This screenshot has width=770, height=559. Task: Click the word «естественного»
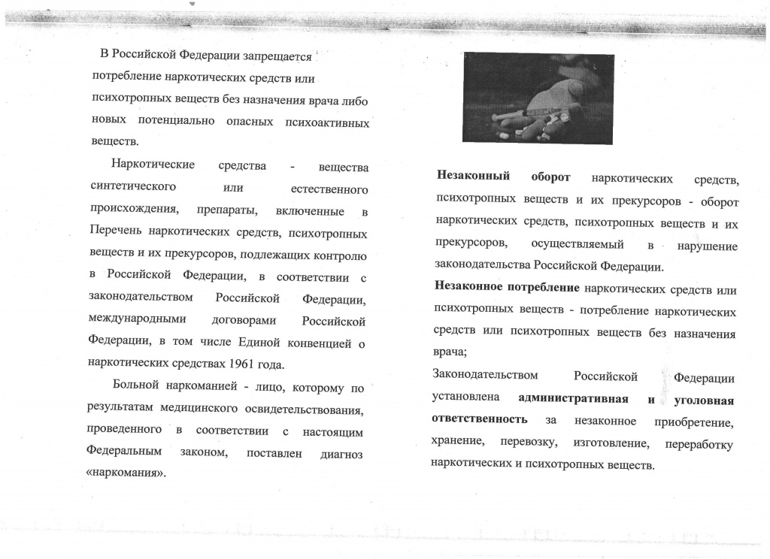pyautogui.click(x=329, y=188)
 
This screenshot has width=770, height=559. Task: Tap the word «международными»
pyautogui.click(x=137, y=319)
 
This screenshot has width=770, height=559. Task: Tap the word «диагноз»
pyautogui.click(x=341, y=455)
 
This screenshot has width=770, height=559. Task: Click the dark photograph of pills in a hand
pyautogui.click(x=538, y=98)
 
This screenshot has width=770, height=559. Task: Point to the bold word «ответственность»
pyautogui.click(x=479, y=418)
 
